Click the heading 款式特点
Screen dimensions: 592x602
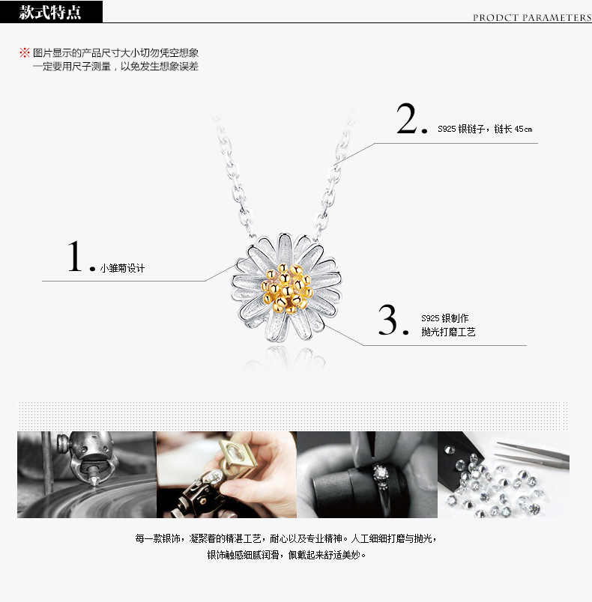50,12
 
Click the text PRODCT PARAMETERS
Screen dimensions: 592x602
532,18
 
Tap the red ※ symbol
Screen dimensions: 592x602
25,52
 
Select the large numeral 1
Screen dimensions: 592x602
75,256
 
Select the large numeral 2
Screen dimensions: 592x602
406,118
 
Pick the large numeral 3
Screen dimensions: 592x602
387,320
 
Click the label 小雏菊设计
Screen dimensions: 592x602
122,268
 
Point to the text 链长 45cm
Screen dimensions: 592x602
513,129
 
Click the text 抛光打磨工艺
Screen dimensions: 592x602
448,332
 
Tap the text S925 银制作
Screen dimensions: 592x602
445,318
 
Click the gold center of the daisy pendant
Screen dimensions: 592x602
287,288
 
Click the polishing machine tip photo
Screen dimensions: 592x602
87,475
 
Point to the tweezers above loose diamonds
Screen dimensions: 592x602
533,454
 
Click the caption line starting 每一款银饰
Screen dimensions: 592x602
286,538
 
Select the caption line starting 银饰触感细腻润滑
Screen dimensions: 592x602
286,555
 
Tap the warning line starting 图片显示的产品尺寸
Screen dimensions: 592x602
115,52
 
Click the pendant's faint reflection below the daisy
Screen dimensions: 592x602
286,359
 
